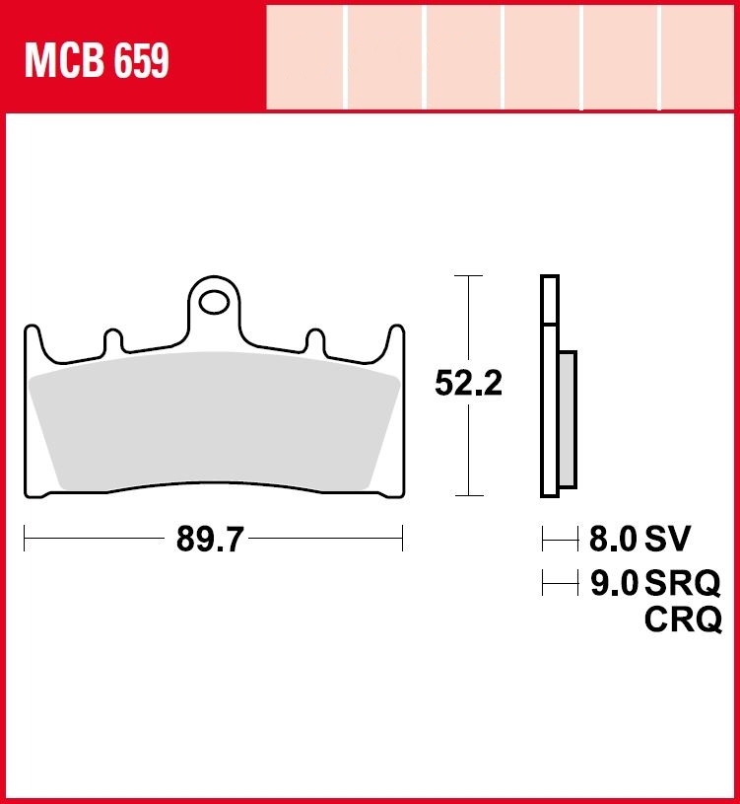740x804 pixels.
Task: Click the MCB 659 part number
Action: [97, 61]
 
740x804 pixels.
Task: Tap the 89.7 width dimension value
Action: [210, 540]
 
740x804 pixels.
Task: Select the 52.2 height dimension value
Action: [469, 384]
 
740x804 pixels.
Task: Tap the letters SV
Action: [668, 540]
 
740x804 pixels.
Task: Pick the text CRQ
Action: [682, 621]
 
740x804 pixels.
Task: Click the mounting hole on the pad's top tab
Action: [214, 297]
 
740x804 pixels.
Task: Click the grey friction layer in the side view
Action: [568, 418]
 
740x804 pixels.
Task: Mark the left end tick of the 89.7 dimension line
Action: [25, 540]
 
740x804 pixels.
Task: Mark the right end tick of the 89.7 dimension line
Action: [402, 540]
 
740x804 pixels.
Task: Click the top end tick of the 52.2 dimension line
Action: [468, 276]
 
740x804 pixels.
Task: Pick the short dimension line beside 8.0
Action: [560, 540]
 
